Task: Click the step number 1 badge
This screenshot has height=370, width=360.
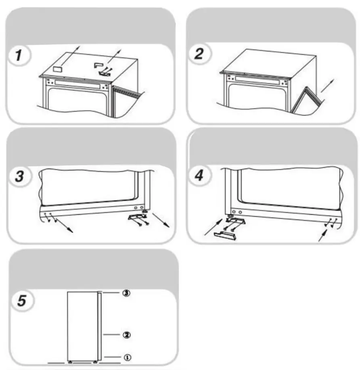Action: point(19,55)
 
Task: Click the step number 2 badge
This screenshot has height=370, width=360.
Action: point(199,54)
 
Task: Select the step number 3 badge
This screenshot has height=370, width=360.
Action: point(20,176)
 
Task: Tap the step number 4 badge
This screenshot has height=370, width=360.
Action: point(199,176)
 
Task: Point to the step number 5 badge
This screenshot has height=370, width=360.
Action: point(22,301)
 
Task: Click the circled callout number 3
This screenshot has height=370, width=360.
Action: point(126,293)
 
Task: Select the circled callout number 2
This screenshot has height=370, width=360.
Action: point(127,334)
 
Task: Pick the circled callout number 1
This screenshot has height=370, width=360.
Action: point(128,357)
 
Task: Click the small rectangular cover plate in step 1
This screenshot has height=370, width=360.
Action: point(57,69)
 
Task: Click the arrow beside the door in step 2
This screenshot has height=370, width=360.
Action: point(327,86)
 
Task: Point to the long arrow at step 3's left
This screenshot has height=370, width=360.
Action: point(64,226)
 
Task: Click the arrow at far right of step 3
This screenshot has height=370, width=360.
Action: point(161,220)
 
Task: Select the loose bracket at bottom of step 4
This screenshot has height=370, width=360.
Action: point(225,236)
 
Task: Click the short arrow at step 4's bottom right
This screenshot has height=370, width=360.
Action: point(323,236)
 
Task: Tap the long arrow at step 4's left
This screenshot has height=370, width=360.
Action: point(213,227)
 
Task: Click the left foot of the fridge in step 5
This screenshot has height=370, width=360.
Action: point(70,362)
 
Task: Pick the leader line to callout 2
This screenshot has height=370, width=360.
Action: point(111,334)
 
